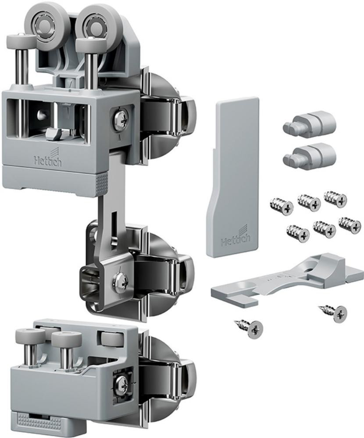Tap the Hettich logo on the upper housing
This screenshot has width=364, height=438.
pyautogui.click(x=48, y=159)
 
